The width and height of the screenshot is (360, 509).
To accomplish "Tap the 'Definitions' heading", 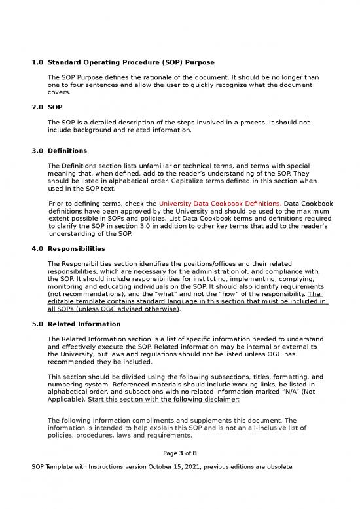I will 67,151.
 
